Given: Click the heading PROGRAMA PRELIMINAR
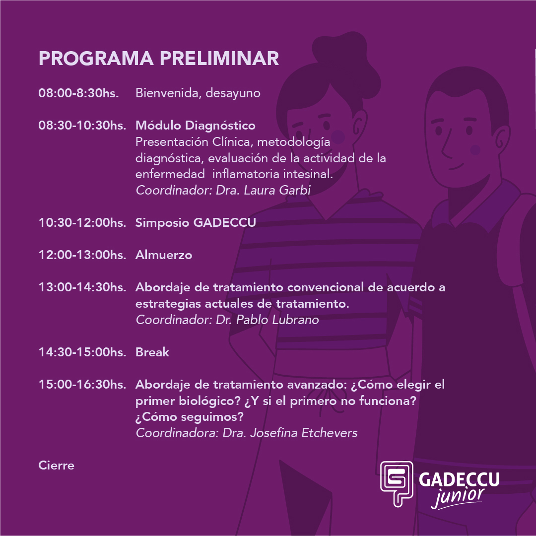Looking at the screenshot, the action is pos(159,58).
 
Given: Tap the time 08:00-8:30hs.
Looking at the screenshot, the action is pos(78,93).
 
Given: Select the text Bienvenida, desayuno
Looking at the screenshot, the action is pos(198,93).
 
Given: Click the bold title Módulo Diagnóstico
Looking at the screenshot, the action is pos(196,126).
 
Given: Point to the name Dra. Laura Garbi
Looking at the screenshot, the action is pos(263,190).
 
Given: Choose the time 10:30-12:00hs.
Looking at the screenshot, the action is pos(82,222).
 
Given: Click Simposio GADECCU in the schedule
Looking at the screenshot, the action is pos(196,222).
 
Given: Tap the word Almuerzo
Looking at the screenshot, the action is pos(164,255).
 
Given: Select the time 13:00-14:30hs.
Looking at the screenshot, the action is pos(82,287).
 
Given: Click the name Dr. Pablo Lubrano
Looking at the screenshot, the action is pos(268,320).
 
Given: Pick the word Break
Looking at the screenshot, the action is pos(152,352).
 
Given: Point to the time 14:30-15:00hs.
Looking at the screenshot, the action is pos(82,352).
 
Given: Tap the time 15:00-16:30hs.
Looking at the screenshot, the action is pos(82,385).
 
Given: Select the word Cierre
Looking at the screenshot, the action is pos(57,465).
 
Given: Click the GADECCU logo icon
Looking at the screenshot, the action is pos(397,483).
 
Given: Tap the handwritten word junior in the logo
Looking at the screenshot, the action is pos(458,497).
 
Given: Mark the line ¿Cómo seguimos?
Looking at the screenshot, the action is pos(190,417).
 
